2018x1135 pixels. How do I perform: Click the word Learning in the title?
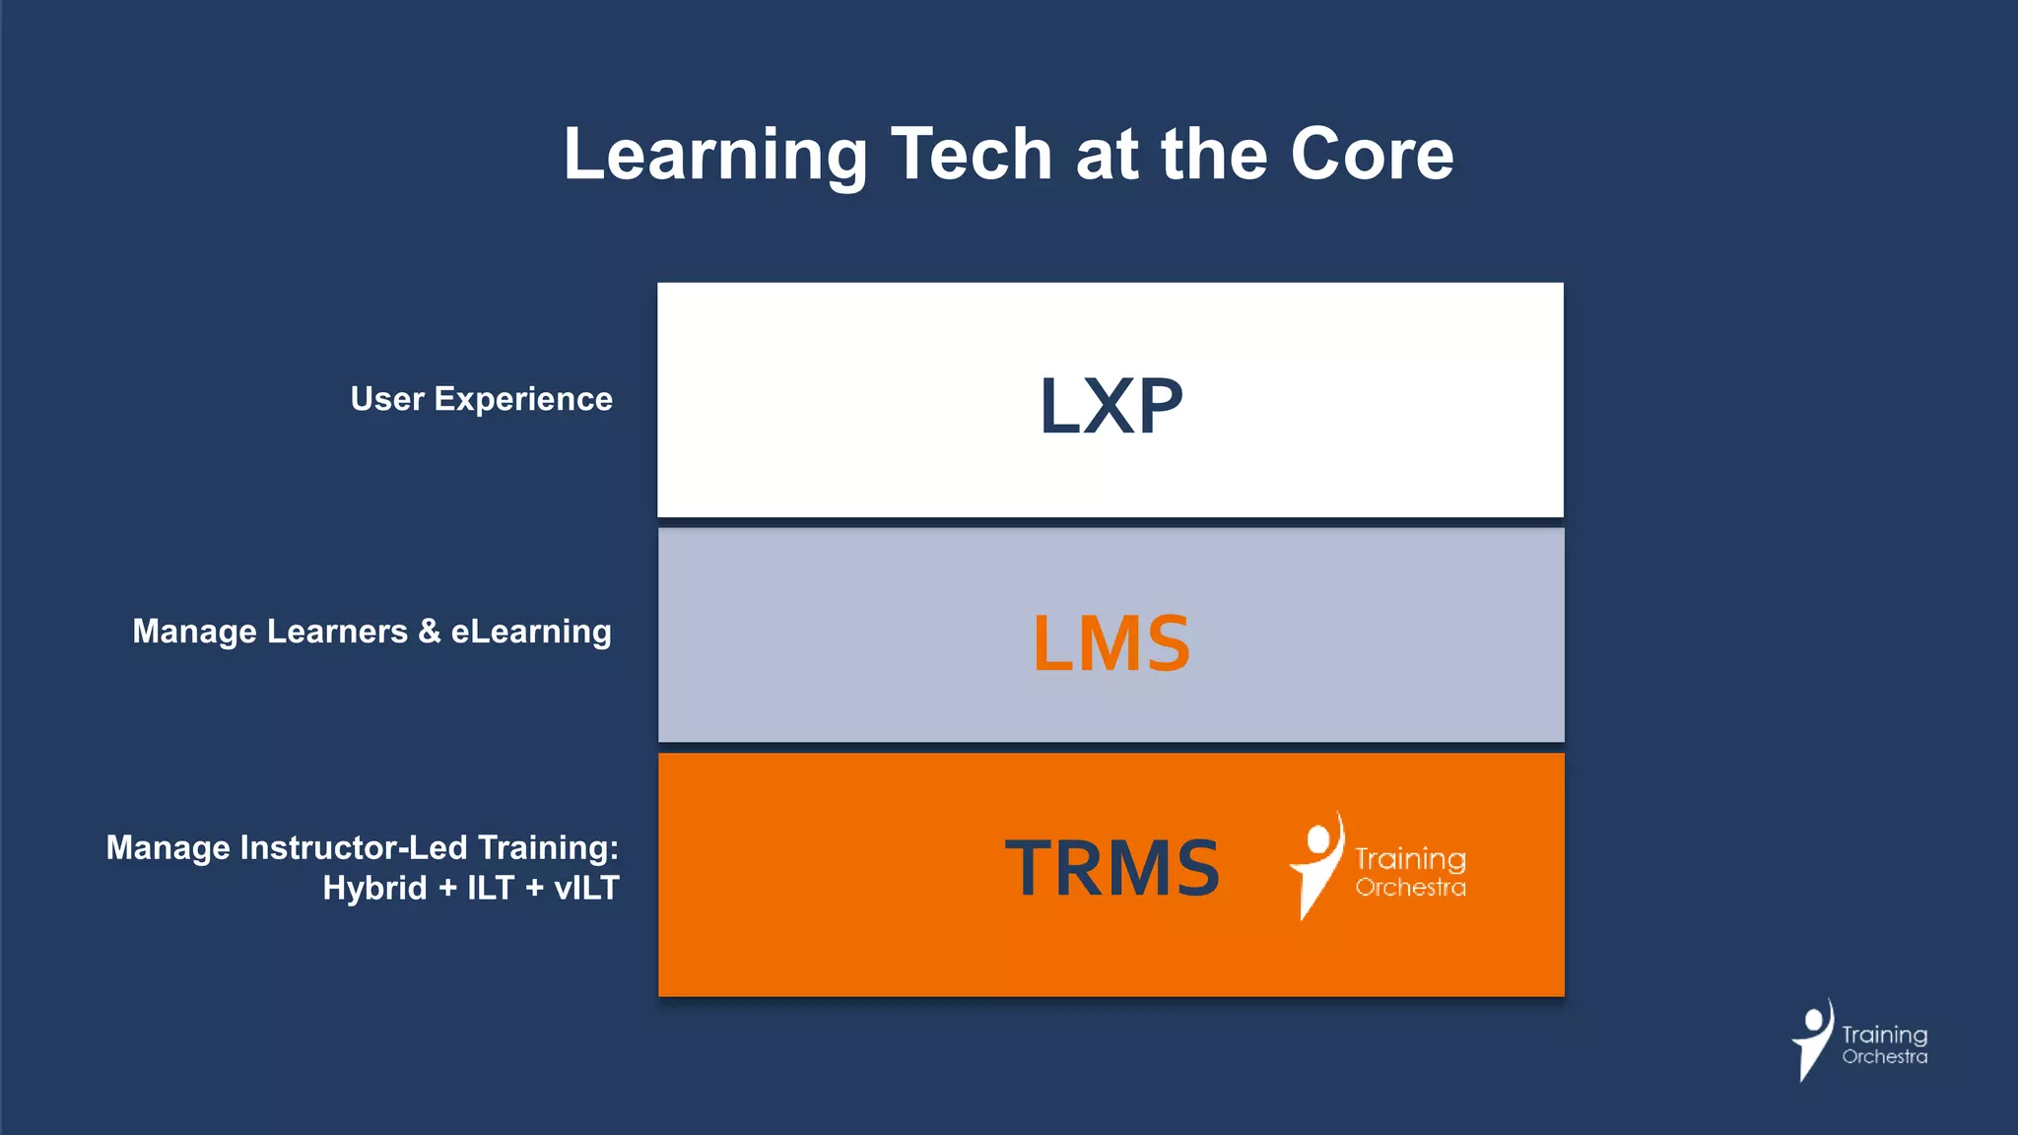[714, 156]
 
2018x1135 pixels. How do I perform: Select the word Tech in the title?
[972, 155]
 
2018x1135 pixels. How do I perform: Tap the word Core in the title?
[1372, 155]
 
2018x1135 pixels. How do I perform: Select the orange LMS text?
[1110, 643]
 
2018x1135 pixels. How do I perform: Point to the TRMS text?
[1111, 868]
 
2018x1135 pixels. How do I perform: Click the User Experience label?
[481, 399]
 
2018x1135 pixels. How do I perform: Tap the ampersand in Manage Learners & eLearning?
[429, 631]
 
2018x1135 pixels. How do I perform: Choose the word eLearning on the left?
[531, 632]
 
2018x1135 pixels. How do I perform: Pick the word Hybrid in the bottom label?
[374, 888]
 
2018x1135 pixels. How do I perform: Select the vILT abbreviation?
[586, 888]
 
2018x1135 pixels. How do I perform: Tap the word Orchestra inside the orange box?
[1410, 888]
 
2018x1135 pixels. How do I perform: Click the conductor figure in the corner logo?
[1812, 1039]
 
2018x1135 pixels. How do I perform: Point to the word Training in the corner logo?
[1884, 1035]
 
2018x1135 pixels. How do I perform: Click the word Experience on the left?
[523, 399]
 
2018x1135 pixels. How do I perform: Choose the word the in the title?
[1214, 155]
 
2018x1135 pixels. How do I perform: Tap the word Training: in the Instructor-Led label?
[548, 847]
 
